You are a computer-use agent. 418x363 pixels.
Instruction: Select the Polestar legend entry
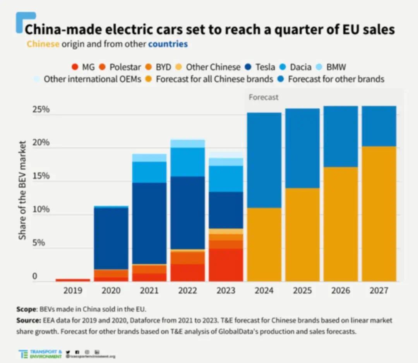(x=120, y=67)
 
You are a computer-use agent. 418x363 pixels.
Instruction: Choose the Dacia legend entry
(x=296, y=67)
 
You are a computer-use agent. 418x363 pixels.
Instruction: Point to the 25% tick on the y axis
(x=41, y=110)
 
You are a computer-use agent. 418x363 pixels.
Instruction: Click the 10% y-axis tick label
(x=41, y=210)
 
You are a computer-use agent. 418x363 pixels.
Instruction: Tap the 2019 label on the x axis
(x=73, y=291)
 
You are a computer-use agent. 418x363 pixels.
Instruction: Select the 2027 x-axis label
(x=379, y=291)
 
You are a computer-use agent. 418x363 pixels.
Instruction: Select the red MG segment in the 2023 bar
(x=226, y=265)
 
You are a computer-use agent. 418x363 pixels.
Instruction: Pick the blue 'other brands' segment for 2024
(x=264, y=160)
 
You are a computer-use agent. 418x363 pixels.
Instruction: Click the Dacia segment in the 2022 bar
(x=188, y=162)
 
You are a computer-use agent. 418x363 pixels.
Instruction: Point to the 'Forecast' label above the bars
(x=263, y=97)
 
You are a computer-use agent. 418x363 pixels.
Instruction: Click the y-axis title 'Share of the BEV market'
(x=23, y=190)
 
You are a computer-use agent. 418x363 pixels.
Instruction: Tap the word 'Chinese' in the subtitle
(x=43, y=44)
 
